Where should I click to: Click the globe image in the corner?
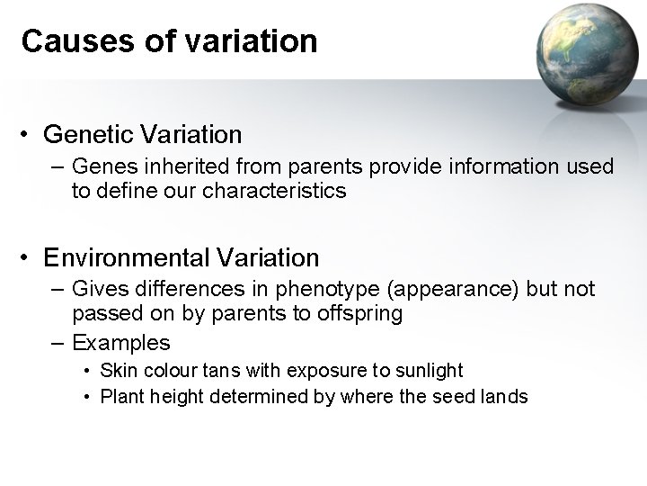pos(583,56)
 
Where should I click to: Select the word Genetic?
pos(88,135)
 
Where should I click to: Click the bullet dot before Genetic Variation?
pos(29,136)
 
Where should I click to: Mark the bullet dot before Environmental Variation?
pos(29,259)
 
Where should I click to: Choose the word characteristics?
pos(270,191)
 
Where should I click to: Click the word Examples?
pos(120,343)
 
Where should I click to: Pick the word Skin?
pos(115,371)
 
